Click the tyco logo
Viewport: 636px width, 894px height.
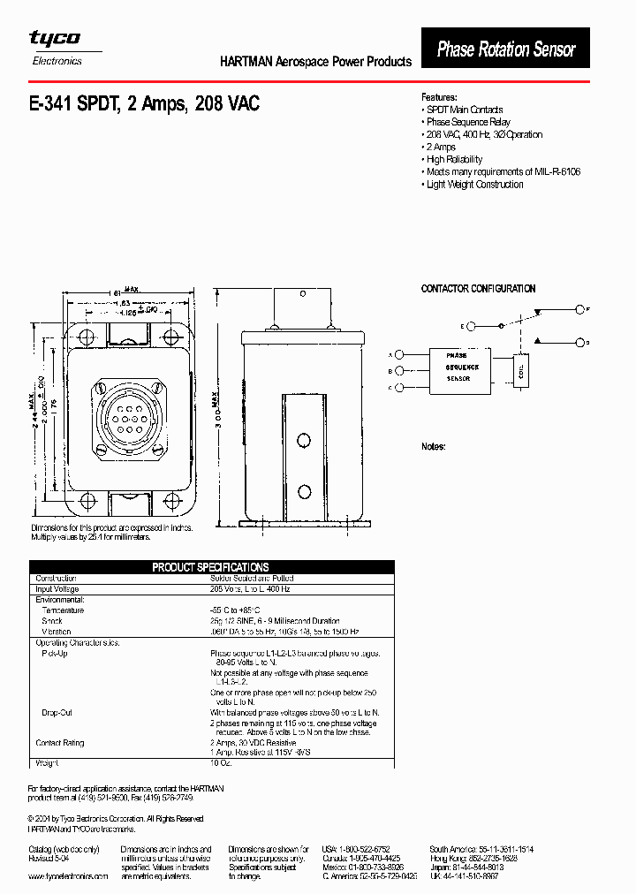click(x=55, y=38)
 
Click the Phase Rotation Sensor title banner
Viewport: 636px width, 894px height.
click(x=506, y=49)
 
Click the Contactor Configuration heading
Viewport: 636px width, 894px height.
click(x=478, y=289)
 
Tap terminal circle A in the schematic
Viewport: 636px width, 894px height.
click(x=399, y=354)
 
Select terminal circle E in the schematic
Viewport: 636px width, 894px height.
click(x=471, y=326)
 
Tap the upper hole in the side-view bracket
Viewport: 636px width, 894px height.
click(x=304, y=440)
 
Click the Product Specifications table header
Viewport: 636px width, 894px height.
click(x=210, y=567)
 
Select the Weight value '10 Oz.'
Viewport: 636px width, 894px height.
click(x=221, y=761)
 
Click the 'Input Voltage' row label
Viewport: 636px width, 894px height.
click(x=57, y=589)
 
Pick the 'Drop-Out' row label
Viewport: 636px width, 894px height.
click(x=57, y=712)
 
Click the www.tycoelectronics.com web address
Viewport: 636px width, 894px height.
click(x=68, y=876)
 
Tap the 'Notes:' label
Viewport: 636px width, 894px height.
click(x=433, y=447)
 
